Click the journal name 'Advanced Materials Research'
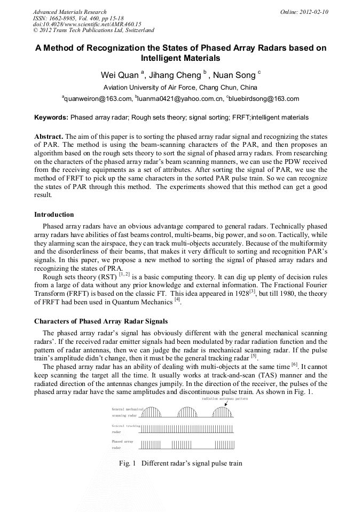pyautogui.click(x=69, y=12)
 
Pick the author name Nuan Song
pyautogui.click(x=237, y=74)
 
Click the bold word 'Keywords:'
pyautogui.click(x=51, y=117)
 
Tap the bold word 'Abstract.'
pyautogui.click(x=49, y=136)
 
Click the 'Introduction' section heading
pyautogui.click(x=54, y=215)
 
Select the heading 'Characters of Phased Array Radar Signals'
pyautogui.click(x=101, y=321)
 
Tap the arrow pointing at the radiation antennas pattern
pyautogui.click(x=226, y=405)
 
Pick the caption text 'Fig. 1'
pyautogui.click(x=127, y=463)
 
